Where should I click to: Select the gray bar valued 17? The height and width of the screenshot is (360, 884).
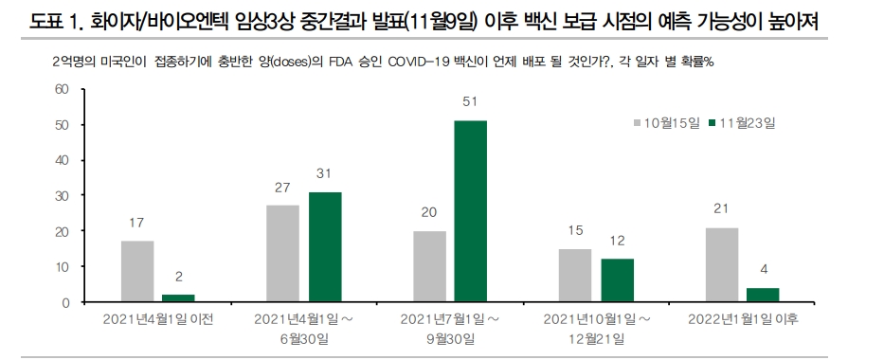137,272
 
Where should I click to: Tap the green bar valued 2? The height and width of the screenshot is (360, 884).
179,298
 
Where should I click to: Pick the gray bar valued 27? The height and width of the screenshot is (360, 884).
283,254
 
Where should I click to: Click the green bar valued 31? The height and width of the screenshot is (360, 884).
325,247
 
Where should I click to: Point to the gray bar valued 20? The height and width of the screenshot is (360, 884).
429,266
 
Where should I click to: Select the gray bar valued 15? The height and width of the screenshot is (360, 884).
575,276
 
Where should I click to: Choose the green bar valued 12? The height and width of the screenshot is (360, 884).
617,280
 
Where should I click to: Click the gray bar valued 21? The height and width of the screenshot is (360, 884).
721,265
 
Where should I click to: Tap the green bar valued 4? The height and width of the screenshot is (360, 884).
763,296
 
